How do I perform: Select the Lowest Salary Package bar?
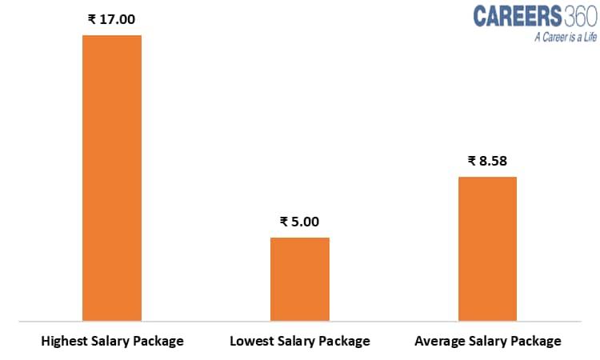click(x=300, y=278)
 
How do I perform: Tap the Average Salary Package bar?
click(x=487, y=248)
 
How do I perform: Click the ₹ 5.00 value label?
click(x=300, y=222)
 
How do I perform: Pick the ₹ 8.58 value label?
click(x=487, y=161)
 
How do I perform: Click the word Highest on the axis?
click(x=65, y=342)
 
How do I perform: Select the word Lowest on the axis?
click(x=252, y=342)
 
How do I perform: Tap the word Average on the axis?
click(x=439, y=342)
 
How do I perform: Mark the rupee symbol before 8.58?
click(x=472, y=161)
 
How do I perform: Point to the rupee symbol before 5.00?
click(x=284, y=222)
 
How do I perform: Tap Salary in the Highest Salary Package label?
click(x=110, y=342)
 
